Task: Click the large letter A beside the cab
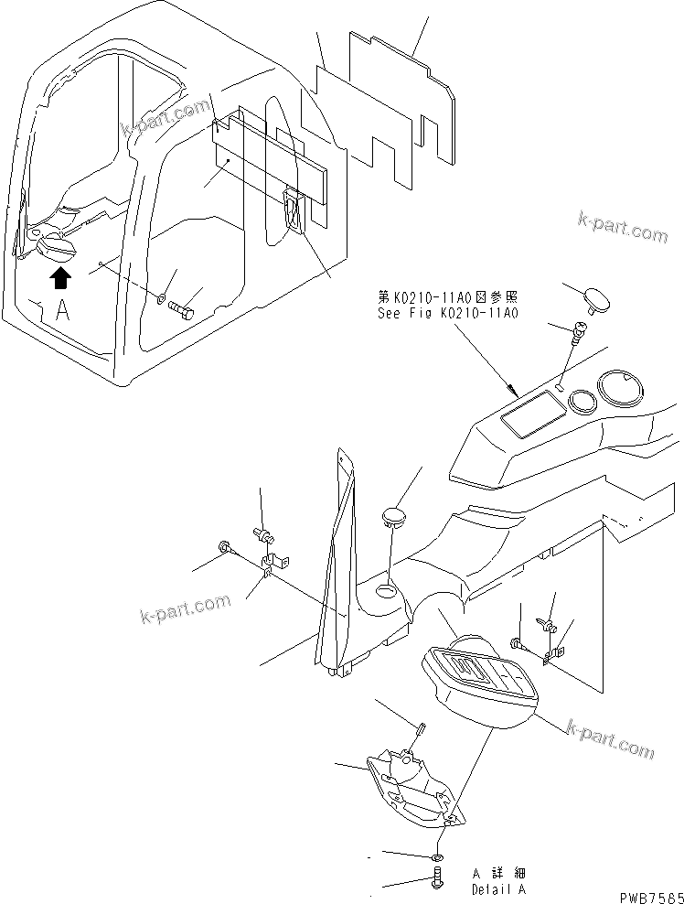pyautogui.click(x=62, y=309)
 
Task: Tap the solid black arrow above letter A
pyautogui.click(x=59, y=278)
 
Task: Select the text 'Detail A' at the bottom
pyautogui.click(x=499, y=888)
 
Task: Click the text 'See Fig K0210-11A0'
pyautogui.click(x=448, y=312)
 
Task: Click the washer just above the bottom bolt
pyautogui.click(x=437, y=856)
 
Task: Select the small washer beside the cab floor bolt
pyautogui.click(x=161, y=298)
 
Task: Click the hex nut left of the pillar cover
pyautogui.click(x=225, y=547)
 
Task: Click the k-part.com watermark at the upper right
pyautogui.click(x=623, y=227)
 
